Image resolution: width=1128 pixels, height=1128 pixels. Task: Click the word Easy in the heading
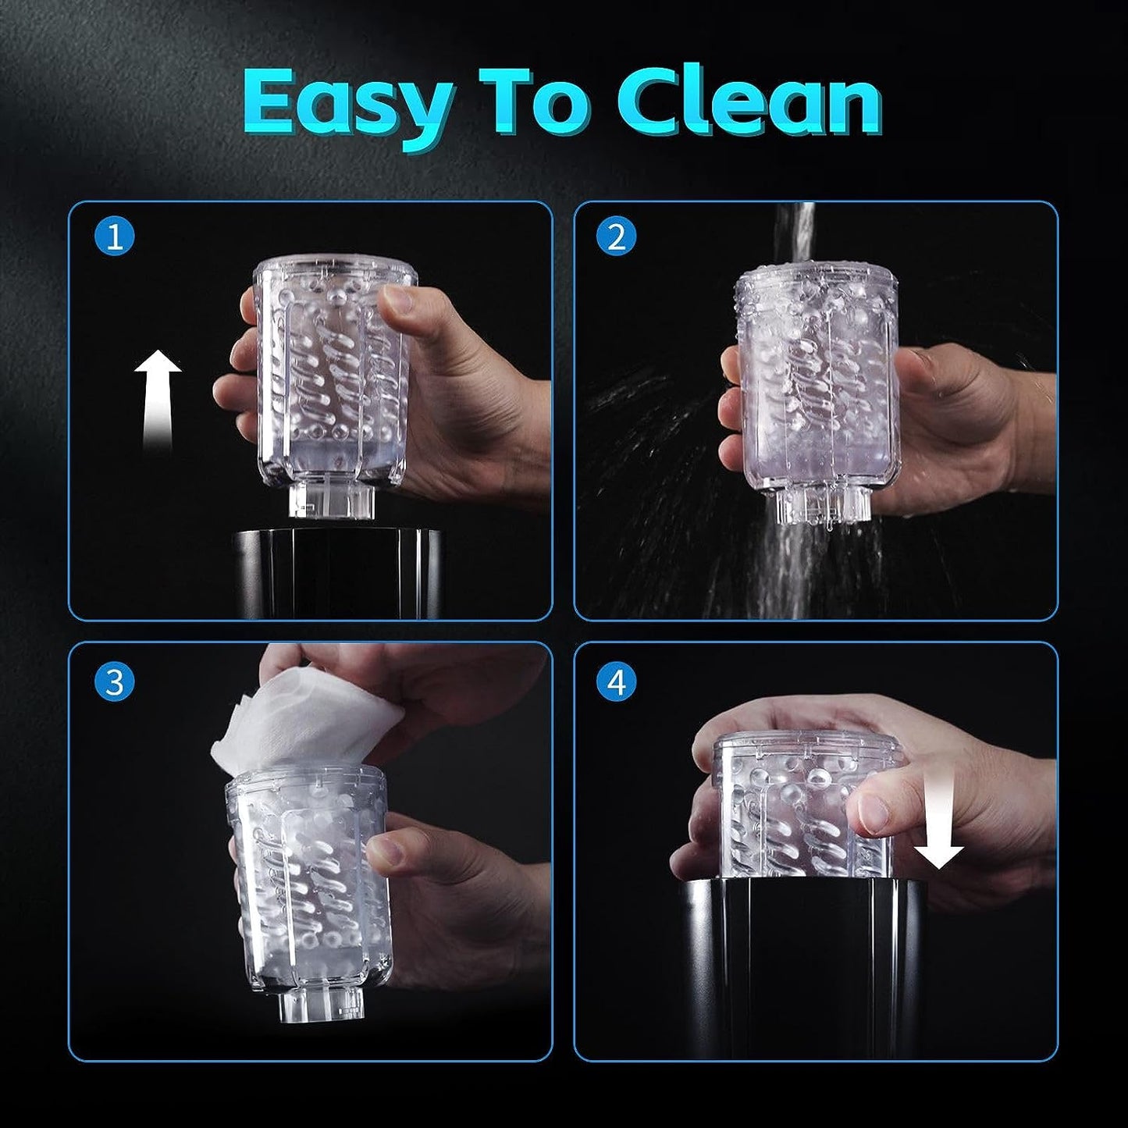tap(348, 105)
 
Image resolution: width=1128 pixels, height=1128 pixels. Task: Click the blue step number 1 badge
tap(114, 237)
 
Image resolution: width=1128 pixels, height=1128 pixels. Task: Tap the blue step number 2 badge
tap(617, 237)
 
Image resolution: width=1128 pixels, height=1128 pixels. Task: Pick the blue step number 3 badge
tap(114, 682)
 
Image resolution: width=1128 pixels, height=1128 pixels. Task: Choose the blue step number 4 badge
tap(617, 682)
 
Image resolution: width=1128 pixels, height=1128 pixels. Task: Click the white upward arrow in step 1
tap(158, 401)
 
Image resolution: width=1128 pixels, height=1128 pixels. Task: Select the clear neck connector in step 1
tap(331, 502)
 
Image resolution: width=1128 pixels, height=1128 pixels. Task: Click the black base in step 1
tap(338, 574)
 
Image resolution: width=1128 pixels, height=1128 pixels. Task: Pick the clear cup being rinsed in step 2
tap(817, 392)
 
